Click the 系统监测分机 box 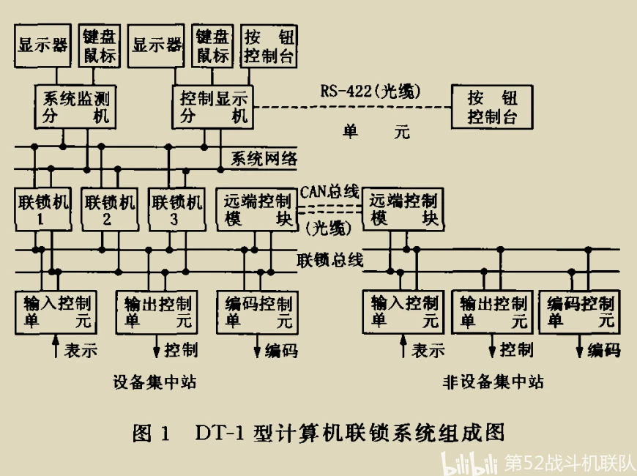75,107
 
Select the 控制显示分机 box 213,107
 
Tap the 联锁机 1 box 43,209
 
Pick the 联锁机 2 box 110,209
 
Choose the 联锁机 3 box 176,209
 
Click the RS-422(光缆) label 370,91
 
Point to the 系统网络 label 264,158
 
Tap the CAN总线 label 329,191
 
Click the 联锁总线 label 330,260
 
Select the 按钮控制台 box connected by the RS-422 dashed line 492,107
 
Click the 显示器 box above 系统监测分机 42,45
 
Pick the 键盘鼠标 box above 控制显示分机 213,45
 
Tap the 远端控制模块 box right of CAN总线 403,209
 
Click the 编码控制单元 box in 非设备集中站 579,313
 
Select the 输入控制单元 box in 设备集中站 56,313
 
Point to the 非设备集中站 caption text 493,382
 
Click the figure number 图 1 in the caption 151,433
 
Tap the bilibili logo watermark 469,464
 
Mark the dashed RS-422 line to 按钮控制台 352,108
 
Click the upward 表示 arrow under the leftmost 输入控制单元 56,346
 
